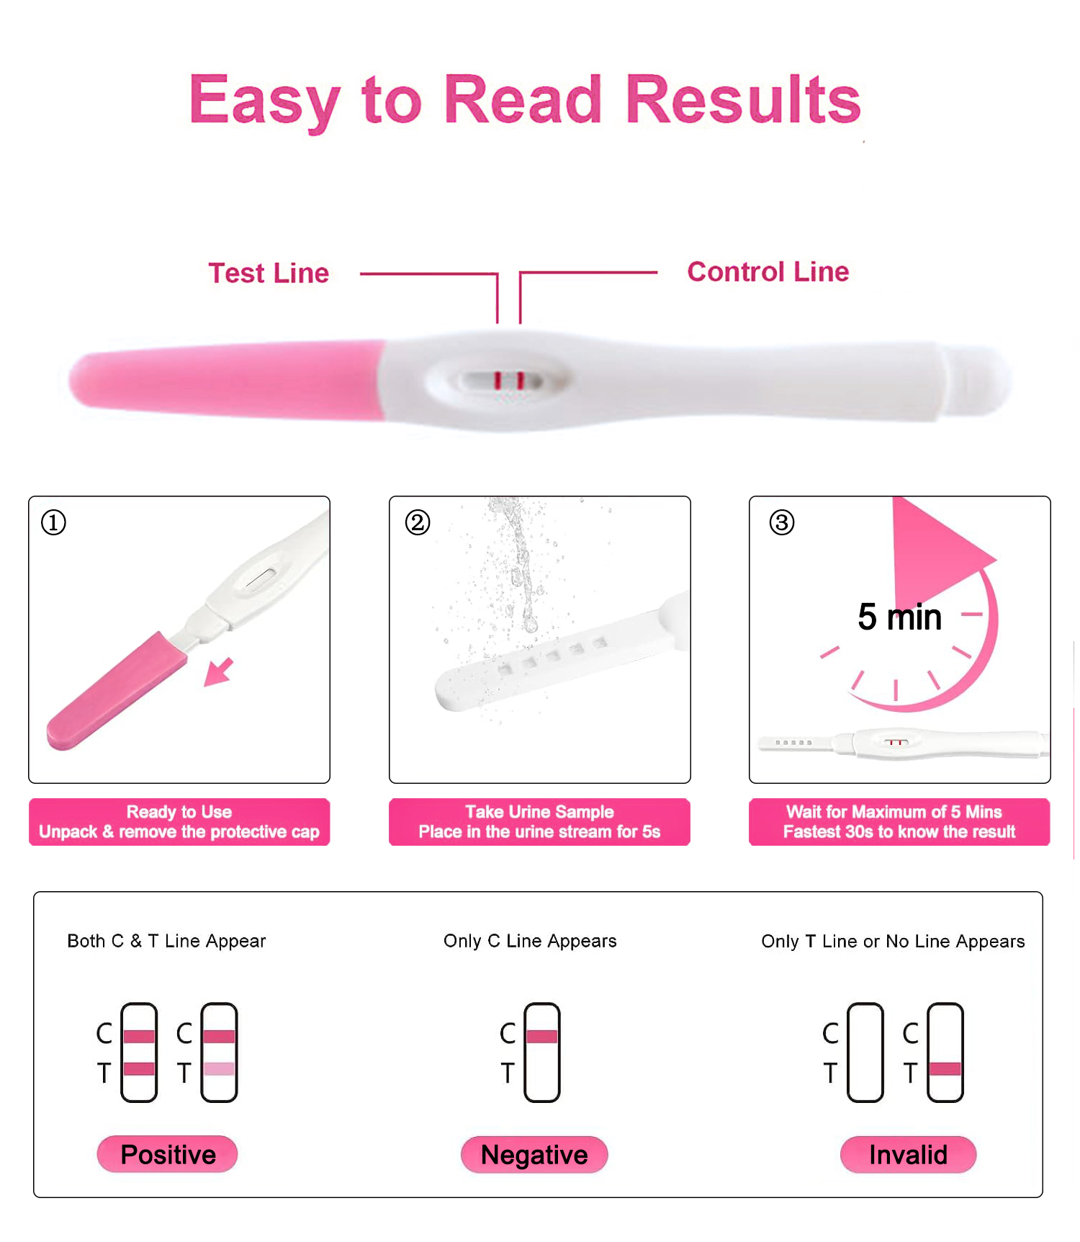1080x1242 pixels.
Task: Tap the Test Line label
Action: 269,274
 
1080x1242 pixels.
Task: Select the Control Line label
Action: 768,272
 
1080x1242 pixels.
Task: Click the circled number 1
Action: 53,522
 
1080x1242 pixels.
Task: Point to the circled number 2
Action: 418,522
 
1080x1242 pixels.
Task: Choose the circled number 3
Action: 782,522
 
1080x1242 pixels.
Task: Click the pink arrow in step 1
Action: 219,671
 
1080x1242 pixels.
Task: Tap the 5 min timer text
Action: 899,617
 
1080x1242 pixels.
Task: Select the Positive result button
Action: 168,1154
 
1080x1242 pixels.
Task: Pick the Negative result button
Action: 534,1155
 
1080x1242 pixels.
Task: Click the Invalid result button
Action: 908,1155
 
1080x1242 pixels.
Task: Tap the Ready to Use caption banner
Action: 179,822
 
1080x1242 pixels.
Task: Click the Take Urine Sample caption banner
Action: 539,822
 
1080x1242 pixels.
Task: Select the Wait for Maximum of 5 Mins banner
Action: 899,822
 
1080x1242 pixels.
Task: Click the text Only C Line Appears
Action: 530,941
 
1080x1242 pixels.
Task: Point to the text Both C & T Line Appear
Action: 166,941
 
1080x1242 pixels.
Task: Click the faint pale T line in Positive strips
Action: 219,1068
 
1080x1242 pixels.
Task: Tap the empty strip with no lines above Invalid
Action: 865,1053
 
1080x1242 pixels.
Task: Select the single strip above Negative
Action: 542,1053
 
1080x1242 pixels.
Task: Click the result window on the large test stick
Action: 503,380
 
